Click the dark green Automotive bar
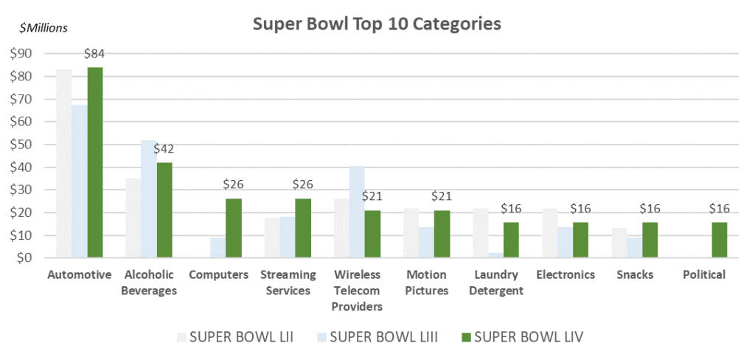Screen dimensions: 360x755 click(95, 162)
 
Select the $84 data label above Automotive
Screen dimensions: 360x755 click(94, 54)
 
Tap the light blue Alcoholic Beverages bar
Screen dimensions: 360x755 click(149, 199)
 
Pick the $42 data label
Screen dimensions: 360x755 click(164, 149)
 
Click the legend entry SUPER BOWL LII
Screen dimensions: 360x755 click(235, 337)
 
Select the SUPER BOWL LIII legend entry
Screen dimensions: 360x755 click(376, 337)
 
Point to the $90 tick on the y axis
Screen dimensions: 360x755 click(21, 53)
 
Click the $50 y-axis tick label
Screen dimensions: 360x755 click(21, 145)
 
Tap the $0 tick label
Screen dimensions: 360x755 click(24, 258)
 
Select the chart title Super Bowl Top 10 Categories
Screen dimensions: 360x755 click(377, 24)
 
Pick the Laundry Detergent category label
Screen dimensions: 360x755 click(498, 283)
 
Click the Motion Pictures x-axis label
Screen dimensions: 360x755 click(427, 283)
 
